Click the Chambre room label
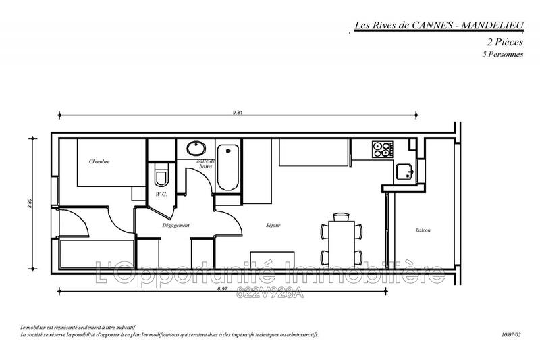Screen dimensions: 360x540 click(99, 162)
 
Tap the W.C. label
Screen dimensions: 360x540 click(161, 195)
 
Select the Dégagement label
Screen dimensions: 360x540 click(175, 225)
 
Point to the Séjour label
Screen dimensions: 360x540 click(273, 225)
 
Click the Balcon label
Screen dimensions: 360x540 click(423, 230)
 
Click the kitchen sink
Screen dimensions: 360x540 click(405, 172)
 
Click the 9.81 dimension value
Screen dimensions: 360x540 click(238, 111)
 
